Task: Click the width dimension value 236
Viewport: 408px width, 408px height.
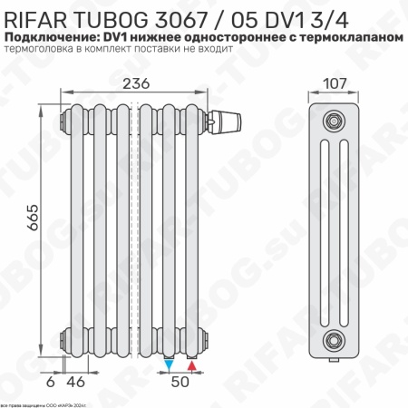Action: coord(138,84)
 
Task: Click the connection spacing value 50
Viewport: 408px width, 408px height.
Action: coord(180,383)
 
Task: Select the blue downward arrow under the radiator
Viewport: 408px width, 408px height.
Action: coord(170,364)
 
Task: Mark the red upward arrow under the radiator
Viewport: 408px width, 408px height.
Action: coord(191,364)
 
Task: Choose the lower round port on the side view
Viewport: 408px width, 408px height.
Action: coord(336,339)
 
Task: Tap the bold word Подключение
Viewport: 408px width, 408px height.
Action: coord(50,35)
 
